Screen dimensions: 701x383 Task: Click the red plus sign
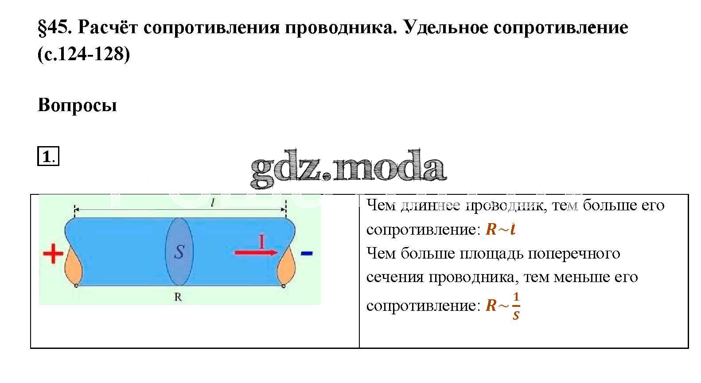click(x=53, y=253)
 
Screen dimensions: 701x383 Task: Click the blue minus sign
click(x=306, y=253)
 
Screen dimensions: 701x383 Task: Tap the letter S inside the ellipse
click(x=179, y=251)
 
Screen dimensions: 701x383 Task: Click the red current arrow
click(x=256, y=252)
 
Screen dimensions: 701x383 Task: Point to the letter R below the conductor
click(x=178, y=297)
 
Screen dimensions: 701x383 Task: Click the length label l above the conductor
click(x=213, y=203)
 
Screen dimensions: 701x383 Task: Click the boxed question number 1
click(x=48, y=156)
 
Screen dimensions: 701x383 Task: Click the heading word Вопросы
click(x=77, y=105)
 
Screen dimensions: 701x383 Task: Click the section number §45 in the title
click(x=55, y=27)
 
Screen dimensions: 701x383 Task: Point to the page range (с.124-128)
click(x=84, y=54)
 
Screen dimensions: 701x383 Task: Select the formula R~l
click(x=500, y=229)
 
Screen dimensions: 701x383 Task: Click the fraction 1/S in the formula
click(x=516, y=306)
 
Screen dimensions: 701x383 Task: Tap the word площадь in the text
click(x=492, y=254)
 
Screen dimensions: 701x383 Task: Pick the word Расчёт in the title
click(x=108, y=27)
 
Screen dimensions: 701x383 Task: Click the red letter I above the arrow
click(x=261, y=242)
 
